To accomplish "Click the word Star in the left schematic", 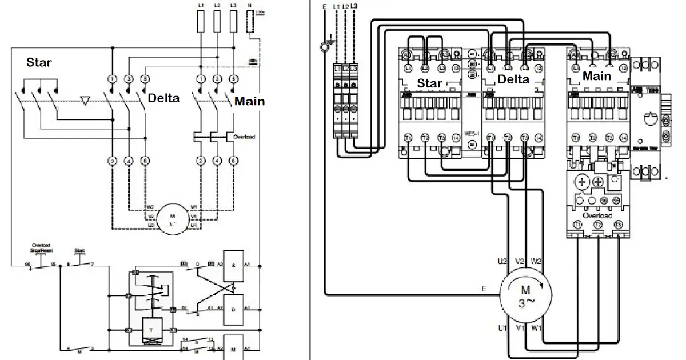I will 38,62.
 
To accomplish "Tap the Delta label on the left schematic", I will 163,98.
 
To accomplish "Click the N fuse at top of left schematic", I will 249,23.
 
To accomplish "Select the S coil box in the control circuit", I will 233,267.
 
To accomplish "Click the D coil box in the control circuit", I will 233,309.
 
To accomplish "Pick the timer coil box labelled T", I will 151,330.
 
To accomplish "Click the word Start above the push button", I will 79,250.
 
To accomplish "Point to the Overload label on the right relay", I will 598,216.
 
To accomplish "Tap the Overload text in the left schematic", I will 244,137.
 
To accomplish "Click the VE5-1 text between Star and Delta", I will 472,134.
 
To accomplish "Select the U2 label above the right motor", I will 502,261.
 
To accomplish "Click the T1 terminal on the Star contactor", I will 408,138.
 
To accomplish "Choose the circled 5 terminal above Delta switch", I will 145,78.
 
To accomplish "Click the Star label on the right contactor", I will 429,83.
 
